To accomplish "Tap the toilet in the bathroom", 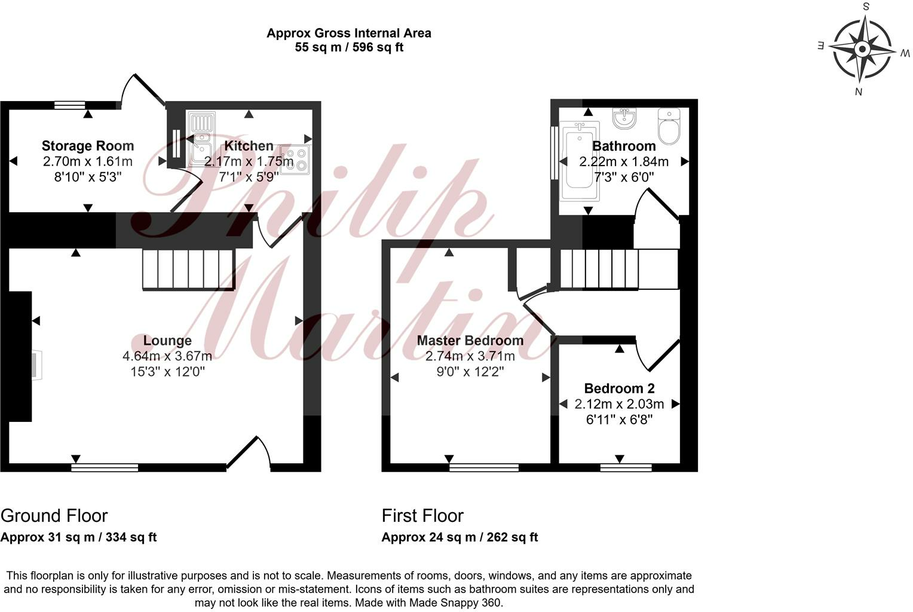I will pyautogui.click(x=668, y=126).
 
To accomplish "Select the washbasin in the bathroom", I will pyautogui.click(x=624, y=118).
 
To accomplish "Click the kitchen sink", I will pyautogui.click(x=201, y=139).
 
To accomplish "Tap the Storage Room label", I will pyautogui.click(x=88, y=146).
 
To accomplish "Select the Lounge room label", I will pyautogui.click(x=167, y=341).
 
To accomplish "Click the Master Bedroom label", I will pyautogui.click(x=470, y=341).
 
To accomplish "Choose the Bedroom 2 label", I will pyautogui.click(x=619, y=388).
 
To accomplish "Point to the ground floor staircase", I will pyautogui.click(x=188, y=270).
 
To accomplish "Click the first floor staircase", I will pyautogui.click(x=618, y=269).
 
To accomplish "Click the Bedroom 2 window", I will pyautogui.click(x=626, y=467).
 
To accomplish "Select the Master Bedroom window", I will pyautogui.click(x=484, y=467).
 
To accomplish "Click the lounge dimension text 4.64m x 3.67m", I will pyautogui.click(x=167, y=356).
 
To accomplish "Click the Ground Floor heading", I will pyautogui.click(x=54, y=516).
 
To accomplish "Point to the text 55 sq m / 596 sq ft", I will pyautogui.click(x=349, y=47).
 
